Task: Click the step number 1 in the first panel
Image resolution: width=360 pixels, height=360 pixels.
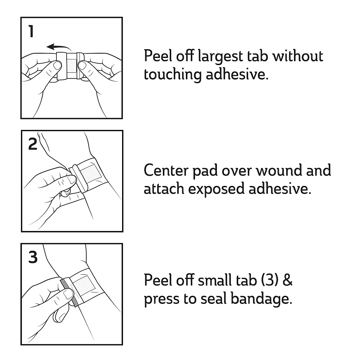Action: [x=31, y=31]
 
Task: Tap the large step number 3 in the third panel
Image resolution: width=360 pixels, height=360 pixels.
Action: [x=33, y=257]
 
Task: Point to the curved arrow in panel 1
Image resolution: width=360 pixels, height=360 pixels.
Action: [x=58, y=47]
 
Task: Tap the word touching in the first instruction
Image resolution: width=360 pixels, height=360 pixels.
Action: [x=172, y=74]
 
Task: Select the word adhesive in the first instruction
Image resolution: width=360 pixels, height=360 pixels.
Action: [x=237, y=74]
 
